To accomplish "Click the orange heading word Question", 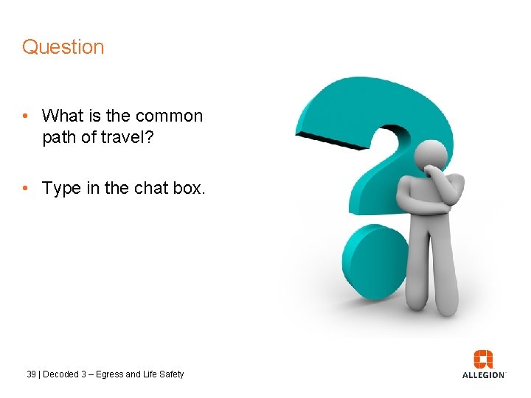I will [x=63, y=47].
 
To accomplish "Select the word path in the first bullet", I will [x=58, y=138].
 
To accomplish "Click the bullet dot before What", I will [x=26, y=116].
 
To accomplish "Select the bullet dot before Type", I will [x=26, y=189].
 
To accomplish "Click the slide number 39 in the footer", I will [x=31, y=374].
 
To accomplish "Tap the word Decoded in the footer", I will [x=60, y=374].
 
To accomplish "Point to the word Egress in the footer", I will [x=111, y=374].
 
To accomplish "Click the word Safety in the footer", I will [x=170, y=374].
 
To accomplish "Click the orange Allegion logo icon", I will [x=484, y=358].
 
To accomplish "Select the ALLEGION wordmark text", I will [x=484, y=375].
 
